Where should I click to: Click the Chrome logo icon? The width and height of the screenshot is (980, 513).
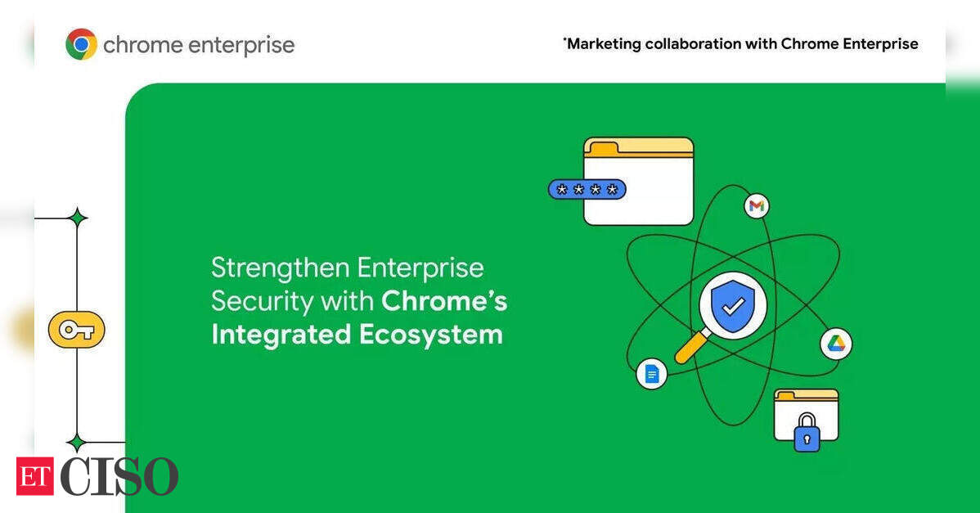point(81,44)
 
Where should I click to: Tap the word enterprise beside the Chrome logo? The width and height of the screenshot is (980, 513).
point(241,46)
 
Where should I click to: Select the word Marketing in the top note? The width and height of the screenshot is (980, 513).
point(604,43)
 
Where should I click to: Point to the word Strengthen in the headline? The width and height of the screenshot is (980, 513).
point(280,268)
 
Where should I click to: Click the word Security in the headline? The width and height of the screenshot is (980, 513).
point(262,301)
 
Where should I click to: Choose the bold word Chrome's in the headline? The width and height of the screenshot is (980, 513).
point(443,301)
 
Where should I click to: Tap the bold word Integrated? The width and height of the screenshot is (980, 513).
point(281,335)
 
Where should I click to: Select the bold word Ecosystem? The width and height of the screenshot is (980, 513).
point(430,335)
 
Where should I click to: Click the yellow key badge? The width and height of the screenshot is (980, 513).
point(76,329)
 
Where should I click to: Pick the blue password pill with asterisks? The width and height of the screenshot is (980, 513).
point(587,189)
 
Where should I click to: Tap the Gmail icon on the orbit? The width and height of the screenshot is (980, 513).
point(756,206)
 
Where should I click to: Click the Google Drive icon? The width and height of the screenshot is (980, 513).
point(836,344)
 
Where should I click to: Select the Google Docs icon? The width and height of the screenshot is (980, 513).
point(652,374)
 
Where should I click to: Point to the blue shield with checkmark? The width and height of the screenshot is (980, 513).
point(733,305)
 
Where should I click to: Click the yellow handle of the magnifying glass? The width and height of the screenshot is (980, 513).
point(692,346)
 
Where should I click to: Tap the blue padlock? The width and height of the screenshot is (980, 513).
point(807,432)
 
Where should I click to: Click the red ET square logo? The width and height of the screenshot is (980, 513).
point(35,475)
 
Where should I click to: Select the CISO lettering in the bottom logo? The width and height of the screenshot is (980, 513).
point(119,476)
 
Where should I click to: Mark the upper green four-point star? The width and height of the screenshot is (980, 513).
point(78,218)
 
